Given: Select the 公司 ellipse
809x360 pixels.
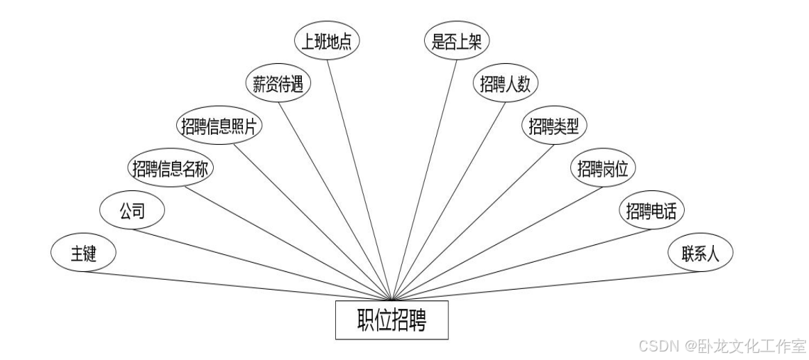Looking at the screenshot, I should point(132,211).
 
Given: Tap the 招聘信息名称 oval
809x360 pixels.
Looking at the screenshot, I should point(171,168).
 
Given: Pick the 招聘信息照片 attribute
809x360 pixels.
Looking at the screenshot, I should point(219,126).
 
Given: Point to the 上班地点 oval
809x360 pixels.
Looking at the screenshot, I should point(327,41).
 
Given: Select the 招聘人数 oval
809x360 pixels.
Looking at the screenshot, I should point(506,84).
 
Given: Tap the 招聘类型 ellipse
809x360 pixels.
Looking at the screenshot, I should point(554,126).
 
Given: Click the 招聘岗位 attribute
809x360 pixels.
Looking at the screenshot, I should point(603,168).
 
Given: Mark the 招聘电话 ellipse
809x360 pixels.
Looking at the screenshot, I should point(651,211).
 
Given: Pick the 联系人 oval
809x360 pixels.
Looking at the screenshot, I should point(700,253).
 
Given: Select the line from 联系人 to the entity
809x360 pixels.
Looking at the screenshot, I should point(547,285).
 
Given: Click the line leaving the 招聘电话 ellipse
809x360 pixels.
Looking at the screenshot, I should point(522,264).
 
